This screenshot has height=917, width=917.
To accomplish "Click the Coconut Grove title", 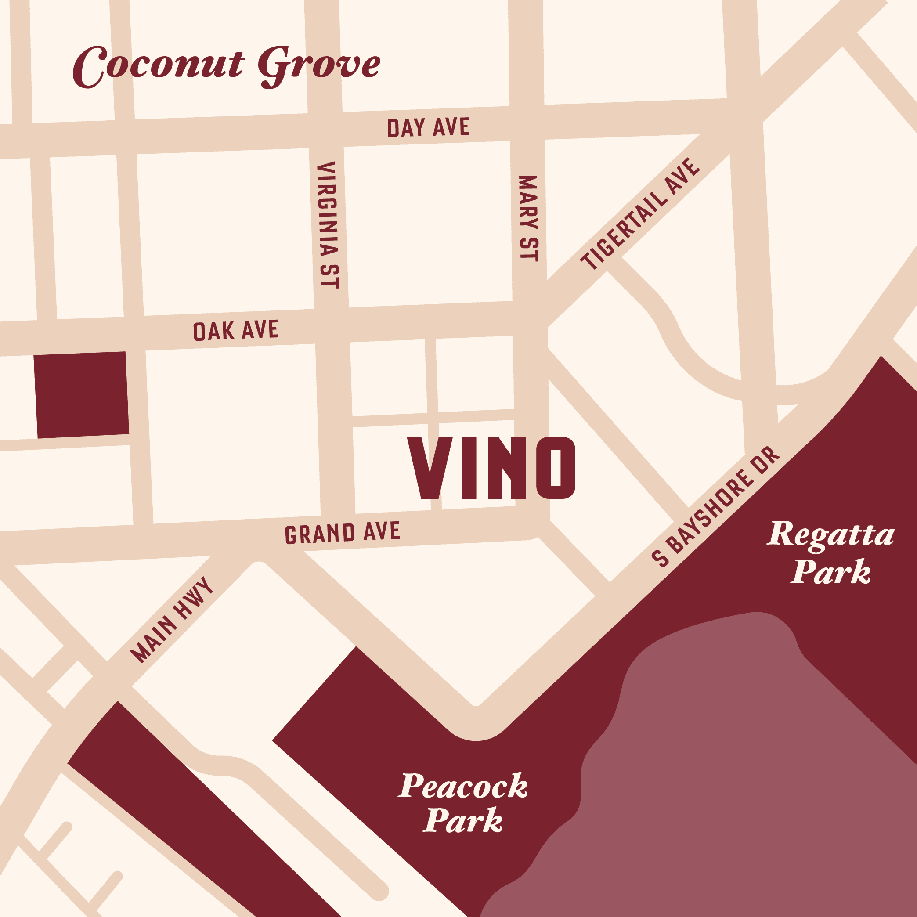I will [x=227, y=66].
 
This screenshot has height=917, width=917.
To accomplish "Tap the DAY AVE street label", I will [x=428, y=128].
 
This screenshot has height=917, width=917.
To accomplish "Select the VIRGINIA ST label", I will [x=328, y=224].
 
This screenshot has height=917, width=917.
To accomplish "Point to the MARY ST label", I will [x=528, y=218].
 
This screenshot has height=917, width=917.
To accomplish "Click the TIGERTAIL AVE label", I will [x=640, y=214].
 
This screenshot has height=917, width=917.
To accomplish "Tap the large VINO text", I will [x=492, y=468].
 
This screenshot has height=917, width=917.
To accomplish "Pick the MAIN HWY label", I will [x=172, y=620].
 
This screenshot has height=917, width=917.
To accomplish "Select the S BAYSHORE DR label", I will [x=716, y=507].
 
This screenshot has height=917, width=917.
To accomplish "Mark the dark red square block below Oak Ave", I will [x=81, y=394].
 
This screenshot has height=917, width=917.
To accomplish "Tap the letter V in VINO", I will [x=430, y=468].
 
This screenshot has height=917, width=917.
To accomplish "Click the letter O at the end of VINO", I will [x=556, y=468].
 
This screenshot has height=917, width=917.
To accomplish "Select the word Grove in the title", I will [x=319, y=66].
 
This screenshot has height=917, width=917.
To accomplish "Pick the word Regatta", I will [x=831, y=535].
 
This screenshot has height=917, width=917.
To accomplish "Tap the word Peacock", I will [x=463, y=786].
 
